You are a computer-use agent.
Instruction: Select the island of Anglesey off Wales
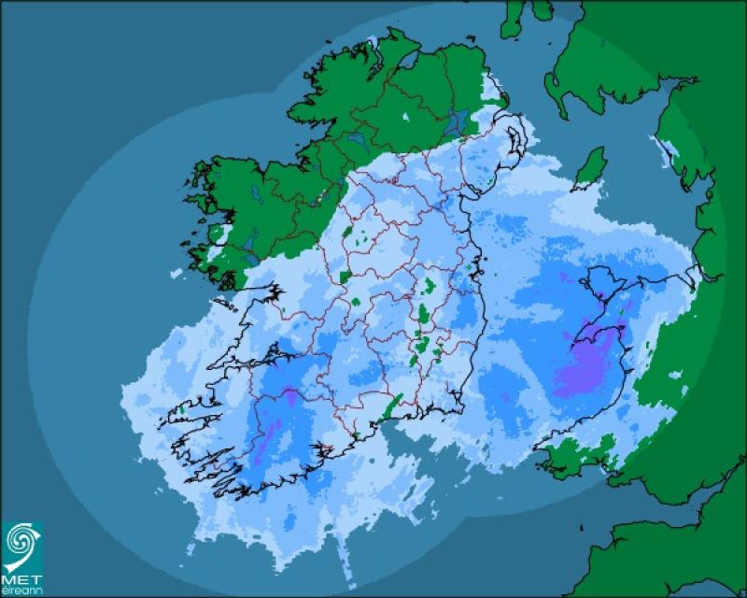(x=602, y=280)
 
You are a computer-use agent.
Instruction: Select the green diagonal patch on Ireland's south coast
(x=394, y=406)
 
